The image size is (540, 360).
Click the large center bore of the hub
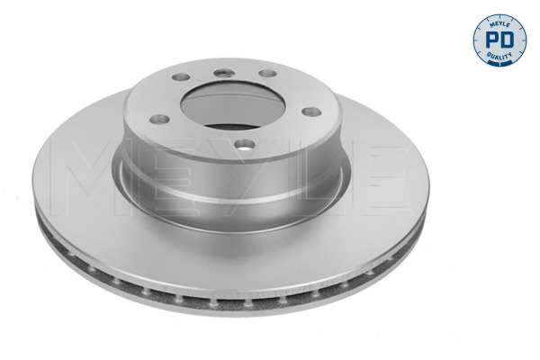233,105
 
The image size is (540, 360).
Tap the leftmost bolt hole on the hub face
159,119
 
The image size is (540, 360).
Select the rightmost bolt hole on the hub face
311,112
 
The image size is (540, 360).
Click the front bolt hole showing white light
245,145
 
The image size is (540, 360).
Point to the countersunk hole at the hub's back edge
224,73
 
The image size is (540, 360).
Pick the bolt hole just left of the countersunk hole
181,76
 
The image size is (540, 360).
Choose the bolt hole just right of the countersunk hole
267,73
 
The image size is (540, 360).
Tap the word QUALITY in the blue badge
499,56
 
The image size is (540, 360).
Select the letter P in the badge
491,40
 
